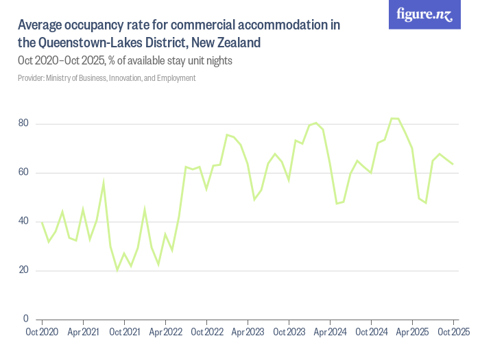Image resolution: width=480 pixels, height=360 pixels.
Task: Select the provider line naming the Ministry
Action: point(106,78)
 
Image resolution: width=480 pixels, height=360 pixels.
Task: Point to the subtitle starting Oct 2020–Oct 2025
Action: point(125,61)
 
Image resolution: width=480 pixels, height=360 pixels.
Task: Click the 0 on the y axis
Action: point(25,319)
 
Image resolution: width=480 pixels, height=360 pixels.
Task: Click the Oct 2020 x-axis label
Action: point(42,333)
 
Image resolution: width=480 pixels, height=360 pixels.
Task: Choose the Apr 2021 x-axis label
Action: point(83,333)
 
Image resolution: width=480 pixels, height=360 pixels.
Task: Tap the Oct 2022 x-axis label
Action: point(206,333)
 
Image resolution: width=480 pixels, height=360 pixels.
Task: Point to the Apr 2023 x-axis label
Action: point(248,333)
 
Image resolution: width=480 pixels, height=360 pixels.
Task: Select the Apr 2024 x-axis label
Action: point(330,333)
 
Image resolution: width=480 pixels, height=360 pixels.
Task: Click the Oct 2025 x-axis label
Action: point(453,333)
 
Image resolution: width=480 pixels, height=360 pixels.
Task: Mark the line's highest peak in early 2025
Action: point(394,119)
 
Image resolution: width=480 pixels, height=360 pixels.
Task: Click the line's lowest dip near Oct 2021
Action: point(117,270)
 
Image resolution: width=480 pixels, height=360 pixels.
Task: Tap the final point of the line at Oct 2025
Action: point(453,164)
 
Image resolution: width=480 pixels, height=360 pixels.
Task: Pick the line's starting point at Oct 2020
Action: point(42,222)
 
